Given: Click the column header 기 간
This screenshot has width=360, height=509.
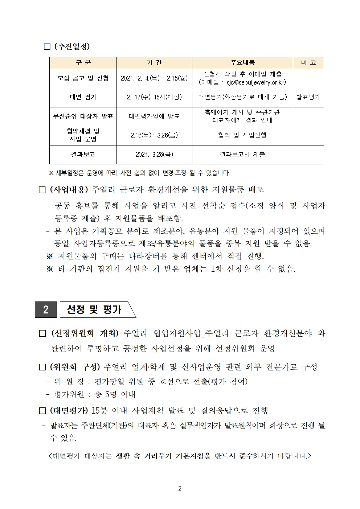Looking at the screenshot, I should tap(154, 63).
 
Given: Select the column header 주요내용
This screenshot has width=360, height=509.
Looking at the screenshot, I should tap(242, 63).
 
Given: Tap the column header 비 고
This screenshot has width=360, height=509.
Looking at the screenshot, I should tap(308, 63).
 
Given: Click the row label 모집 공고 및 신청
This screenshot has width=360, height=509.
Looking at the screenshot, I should tap(83, 78).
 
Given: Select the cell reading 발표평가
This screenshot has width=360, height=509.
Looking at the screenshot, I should tap(308, 97).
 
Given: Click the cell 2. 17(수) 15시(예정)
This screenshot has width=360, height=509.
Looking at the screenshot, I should tap(154, 97).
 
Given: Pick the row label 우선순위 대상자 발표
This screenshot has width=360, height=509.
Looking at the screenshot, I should tap(83, 116).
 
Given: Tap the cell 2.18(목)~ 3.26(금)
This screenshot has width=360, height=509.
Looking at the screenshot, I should tap(154, 135).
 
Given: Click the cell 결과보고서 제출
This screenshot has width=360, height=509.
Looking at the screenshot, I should tap(242, 154).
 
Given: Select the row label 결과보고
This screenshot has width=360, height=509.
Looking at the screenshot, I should tap(83, 154).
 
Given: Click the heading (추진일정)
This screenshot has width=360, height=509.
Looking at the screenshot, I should tap(71, 46).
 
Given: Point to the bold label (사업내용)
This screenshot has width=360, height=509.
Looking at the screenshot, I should tap(69, 189).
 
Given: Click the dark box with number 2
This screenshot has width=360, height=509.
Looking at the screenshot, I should tap(46, 310).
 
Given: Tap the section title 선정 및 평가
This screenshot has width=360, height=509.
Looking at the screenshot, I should tap(94, 310).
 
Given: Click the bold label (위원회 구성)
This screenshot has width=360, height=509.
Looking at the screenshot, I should tap(75, 367).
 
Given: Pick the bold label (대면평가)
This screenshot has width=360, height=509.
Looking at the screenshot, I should tap(69, 410).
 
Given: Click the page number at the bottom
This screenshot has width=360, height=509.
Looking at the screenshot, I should tap(180, 488).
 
